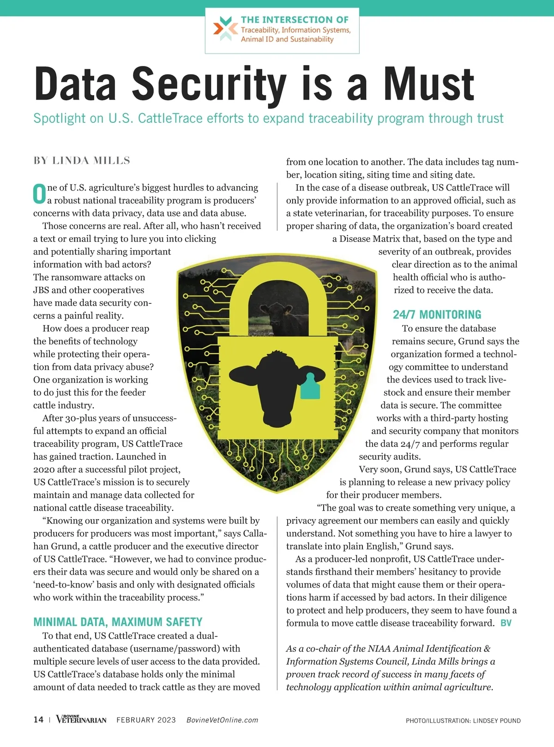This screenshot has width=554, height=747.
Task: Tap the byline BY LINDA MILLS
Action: (82, 161)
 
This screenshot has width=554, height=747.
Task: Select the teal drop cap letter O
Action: (39, 194)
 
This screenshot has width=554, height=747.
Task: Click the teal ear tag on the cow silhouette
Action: (310, 386)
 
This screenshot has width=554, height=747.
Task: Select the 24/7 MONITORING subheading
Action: (437, 315)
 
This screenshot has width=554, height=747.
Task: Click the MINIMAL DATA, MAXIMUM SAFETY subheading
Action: (118, 622)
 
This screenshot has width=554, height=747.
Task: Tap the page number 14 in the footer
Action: (38, 720)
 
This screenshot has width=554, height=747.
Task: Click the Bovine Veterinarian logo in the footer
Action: (81, 719)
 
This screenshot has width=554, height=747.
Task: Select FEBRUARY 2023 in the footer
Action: (146, 720)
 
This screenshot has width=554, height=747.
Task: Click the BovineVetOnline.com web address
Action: (222, 720)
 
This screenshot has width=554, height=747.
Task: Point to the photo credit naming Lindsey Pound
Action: (463, 721)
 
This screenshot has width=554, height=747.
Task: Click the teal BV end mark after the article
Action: (506, 623)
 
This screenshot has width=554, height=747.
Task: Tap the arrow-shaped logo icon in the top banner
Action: (225, 29)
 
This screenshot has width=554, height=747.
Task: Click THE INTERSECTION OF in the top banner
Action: (295, 20)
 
